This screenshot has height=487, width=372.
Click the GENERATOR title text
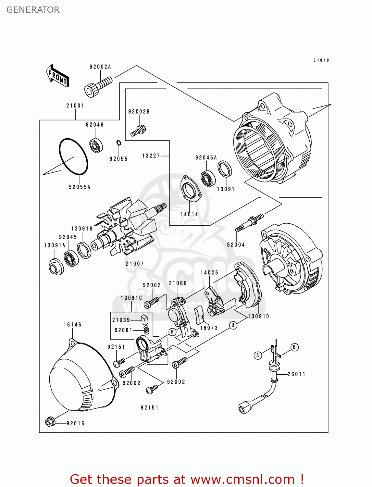click(x=33, y=10)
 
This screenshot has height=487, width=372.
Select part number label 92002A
click(x=100, y=67)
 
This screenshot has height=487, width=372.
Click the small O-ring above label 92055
click(x=118, y=143)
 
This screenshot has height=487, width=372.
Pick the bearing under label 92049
click(x=96, y=145)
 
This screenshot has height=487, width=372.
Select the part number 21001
click(x=75, y=106)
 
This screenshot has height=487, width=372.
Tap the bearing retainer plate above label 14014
click(x=190, y=189)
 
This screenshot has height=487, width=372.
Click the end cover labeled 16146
click(x=81, y=377)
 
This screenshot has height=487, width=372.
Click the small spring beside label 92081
click(x=146, y=330)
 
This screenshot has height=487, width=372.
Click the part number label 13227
click(x=151, y=156)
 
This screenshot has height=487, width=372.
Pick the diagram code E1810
click(x=321, y=60)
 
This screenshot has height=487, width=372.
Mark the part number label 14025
click(x=209, y=273)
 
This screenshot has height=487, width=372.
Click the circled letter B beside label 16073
click(x=233, y=325)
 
